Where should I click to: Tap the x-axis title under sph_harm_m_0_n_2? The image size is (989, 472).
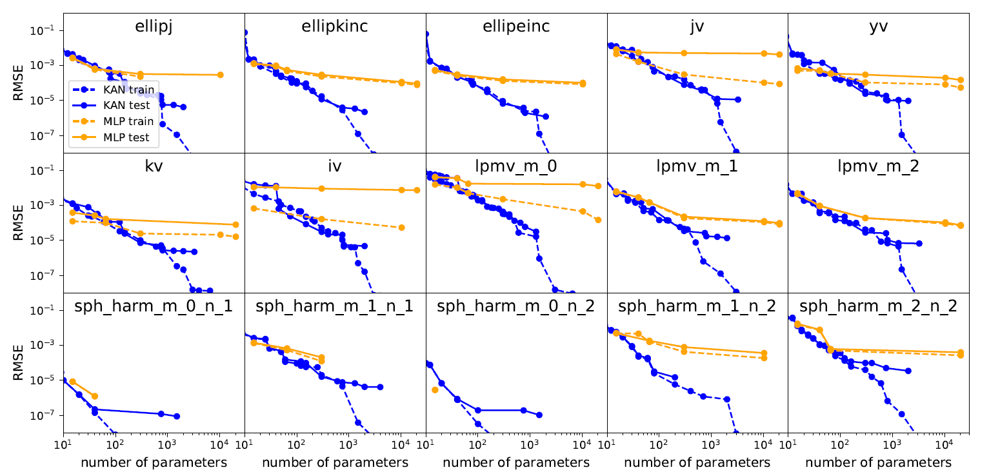click(516, 462)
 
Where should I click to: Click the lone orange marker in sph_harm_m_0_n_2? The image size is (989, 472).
click(435, 389)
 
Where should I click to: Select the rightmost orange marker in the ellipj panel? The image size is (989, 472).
click(220, 75)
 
